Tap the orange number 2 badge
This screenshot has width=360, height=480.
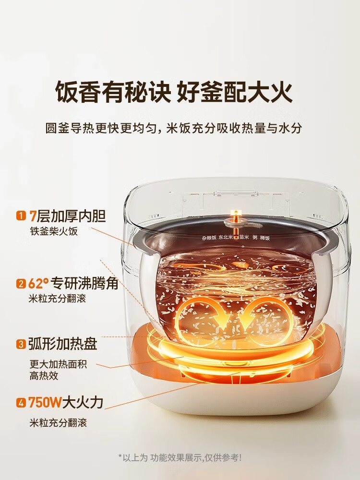pos(21,284)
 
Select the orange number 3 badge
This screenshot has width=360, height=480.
pos(21,344)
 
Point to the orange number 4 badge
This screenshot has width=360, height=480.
pos(21,403)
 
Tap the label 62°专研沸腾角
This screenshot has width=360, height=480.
pos(73,284)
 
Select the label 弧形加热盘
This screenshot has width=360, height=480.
pos(63,344)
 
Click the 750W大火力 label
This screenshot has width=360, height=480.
pos(66,403)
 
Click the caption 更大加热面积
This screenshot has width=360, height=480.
pos(58,364)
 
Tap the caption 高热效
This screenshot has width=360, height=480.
pos(44,376)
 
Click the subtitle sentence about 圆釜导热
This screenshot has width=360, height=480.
pos(180,129)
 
